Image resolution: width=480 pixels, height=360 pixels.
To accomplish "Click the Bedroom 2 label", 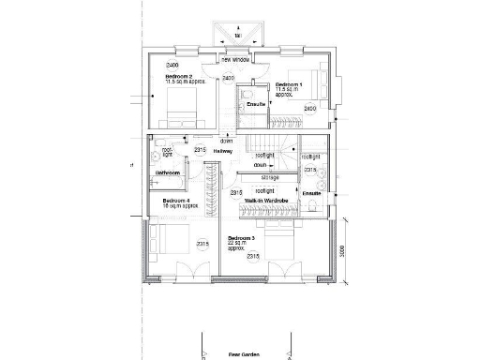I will pos(179,76).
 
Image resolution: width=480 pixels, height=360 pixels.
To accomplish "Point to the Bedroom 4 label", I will pos(175,201).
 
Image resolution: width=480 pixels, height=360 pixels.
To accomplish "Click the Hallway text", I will pos(223,150).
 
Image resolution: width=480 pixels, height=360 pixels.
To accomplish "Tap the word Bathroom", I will pos(168,173).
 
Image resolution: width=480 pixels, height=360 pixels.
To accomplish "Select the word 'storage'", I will pos(270,175).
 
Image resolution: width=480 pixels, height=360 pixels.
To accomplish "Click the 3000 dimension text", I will pos(343,251).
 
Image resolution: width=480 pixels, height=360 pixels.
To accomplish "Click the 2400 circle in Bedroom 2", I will pos(172,65).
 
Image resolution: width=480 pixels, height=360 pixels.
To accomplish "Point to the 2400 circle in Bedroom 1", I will pos(310,109).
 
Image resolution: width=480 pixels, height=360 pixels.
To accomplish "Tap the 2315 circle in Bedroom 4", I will pos(202,245).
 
